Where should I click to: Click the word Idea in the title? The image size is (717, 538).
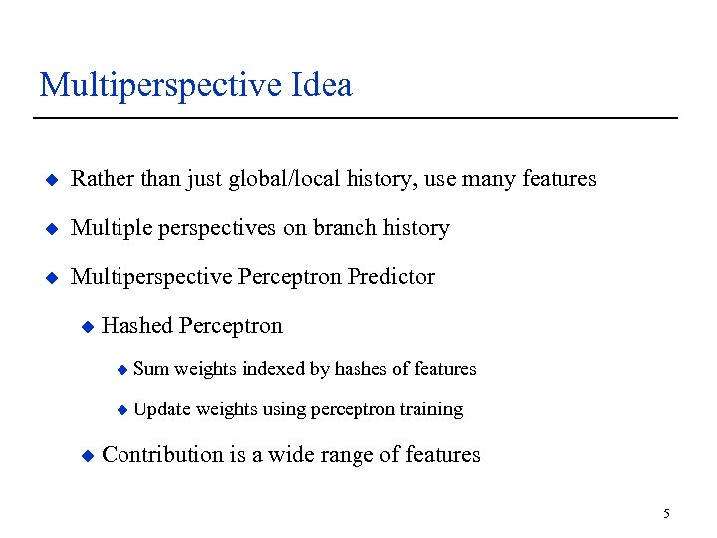coord(323,85)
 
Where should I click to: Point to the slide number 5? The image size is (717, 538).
coord(667,514)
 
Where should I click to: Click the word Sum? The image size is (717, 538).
coord(151,369)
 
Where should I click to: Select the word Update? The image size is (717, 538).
coord(161,409)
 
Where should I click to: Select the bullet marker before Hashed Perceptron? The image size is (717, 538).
coord(87,327)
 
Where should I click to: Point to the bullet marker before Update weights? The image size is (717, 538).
coord(121,410)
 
